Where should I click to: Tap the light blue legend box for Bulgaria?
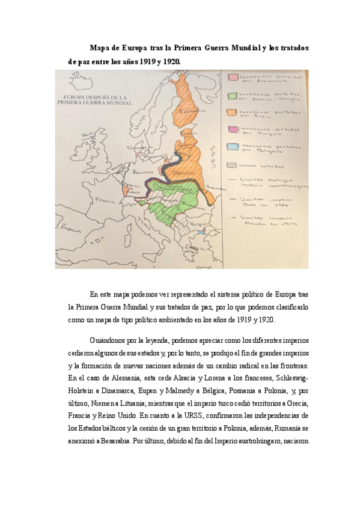click(232, 147)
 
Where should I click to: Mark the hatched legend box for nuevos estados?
click(232, 164)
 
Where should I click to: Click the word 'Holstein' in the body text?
click(84, 389)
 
